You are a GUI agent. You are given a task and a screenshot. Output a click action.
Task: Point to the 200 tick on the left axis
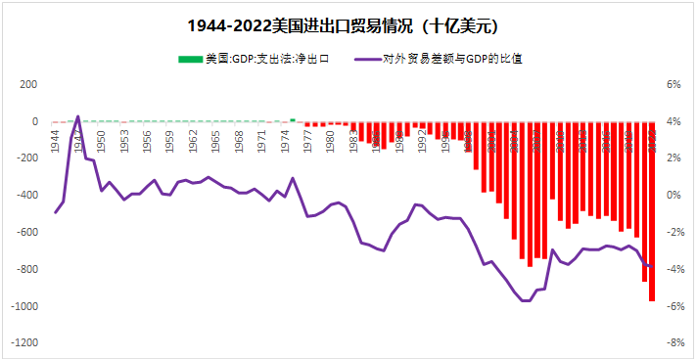pos(28,85)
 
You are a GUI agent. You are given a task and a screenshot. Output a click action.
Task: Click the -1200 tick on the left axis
pos(23,343)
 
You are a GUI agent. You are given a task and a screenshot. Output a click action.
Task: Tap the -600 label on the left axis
pos(26,233)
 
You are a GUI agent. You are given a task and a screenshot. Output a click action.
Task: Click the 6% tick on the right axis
pos(674,85)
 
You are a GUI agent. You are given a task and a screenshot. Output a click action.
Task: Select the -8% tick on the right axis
pos(674,343)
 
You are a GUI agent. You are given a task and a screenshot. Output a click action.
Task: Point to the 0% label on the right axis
pos(674,196)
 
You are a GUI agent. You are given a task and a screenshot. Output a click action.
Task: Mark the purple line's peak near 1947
pos(78,115)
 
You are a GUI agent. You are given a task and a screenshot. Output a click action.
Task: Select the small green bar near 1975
pos(292,120)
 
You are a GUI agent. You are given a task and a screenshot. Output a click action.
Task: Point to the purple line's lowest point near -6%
pos(526,300)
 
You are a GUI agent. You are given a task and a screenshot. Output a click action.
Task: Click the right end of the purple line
pos(653,267)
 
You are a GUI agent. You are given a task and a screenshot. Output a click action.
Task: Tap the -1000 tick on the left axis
pos(23,306)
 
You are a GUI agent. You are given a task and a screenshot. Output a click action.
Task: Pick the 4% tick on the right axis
pos(674,122)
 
